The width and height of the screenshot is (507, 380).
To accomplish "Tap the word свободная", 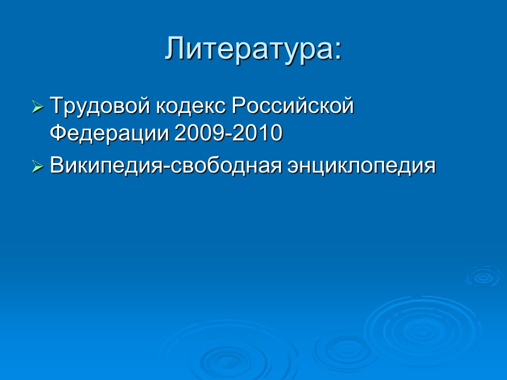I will (x=223, y=166).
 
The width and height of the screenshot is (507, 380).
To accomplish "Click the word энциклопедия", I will (x=362, y=166).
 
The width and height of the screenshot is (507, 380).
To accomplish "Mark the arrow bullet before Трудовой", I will (x=37, y=108).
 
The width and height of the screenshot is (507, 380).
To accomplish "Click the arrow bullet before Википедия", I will (x=37, y=167).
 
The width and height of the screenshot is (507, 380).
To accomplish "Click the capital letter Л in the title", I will (x=175, y=49).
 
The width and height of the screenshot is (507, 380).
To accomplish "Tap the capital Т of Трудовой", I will (x=57, y=107).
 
